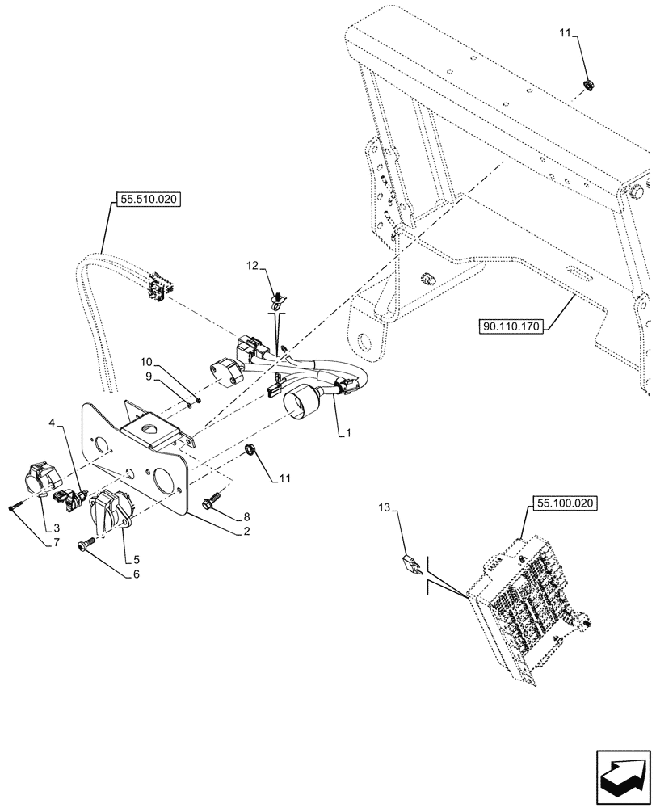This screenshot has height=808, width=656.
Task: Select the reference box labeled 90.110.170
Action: pos(511,326)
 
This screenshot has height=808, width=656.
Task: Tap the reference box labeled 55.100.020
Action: pos(563,503)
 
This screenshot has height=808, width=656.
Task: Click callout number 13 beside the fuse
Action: pos(384,507)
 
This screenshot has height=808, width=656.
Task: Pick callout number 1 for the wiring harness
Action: pos(348,434)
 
